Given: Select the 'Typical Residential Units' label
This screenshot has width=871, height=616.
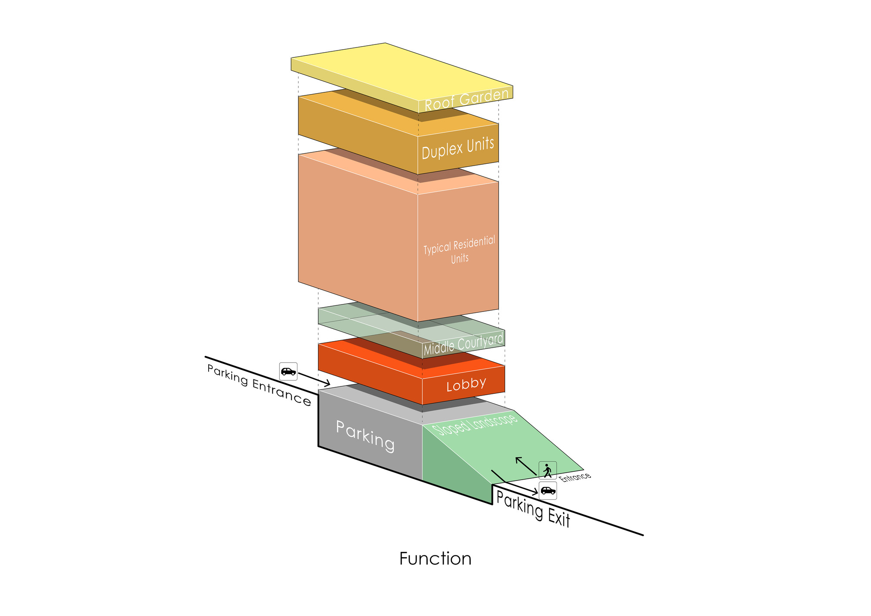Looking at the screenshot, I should point(459,249).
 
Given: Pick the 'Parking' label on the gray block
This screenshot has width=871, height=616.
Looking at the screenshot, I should point(365,436).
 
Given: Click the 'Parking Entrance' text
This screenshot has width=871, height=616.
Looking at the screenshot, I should point(259,385).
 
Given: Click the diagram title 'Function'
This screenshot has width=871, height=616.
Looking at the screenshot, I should point(435,559).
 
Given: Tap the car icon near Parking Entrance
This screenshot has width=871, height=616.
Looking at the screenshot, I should point(288,372).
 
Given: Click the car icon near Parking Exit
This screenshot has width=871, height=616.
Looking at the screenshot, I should point(548,491).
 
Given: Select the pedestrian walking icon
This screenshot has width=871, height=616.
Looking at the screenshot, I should point(547,470).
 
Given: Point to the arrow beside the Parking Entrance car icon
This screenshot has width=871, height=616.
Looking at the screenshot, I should point(314,379).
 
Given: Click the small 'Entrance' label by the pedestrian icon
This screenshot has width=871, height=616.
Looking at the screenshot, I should point(575,477).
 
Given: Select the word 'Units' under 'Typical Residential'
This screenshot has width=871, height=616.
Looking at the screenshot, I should point(459,259).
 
